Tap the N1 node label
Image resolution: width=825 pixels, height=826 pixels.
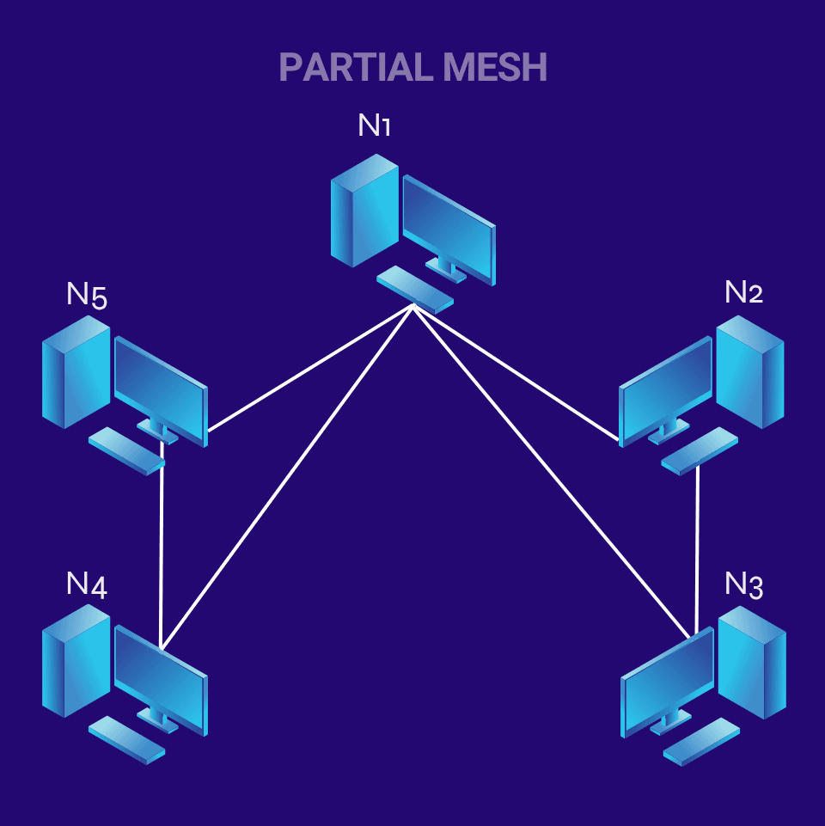(x=374, y=125)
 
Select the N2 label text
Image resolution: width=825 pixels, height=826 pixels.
(x=743, y=292)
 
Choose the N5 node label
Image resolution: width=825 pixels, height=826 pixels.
(x=86, y=296)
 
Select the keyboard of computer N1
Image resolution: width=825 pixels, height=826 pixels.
(x=415, y=289)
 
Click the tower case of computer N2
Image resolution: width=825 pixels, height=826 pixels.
(x=749, y=371)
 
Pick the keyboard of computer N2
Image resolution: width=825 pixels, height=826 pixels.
(x=700, y=450)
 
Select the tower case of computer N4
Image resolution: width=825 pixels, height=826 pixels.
(x=76, y=660)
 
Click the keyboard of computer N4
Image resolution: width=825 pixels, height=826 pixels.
(x=126, y=739)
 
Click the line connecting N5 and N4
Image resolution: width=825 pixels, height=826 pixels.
(x=162, y=550)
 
